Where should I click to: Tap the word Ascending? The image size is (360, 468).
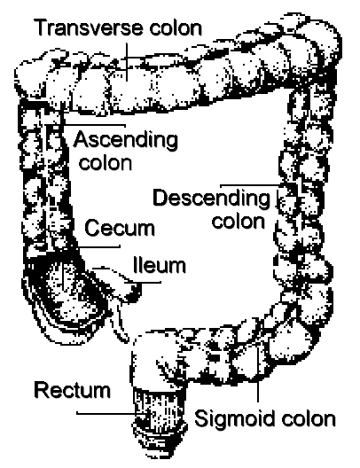pyautogui.click(x=126, y=140)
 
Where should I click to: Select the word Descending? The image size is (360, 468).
pyautogui.click(x=211, y=198)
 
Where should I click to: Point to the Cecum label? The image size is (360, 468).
pyautogui.click(x=120, y=228)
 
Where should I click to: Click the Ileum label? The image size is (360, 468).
pyautogui.click(x=160, y=265)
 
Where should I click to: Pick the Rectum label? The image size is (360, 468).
pyautogui.click(x=72, y=390)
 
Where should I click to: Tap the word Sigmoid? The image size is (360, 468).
pyautogui.click(x=235, y=418)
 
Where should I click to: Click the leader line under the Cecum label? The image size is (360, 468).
pyautogui.click(x=98, y=246)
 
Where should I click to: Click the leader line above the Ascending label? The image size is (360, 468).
pyautogui.click(x=94, y=124)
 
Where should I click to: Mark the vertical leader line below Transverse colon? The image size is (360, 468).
pyautogui.click(x=127, y=62)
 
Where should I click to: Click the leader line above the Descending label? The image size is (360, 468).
pyautogui.click(x=250, y=185)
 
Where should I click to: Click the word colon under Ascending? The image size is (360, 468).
pyautogui.click(x=106, y=163)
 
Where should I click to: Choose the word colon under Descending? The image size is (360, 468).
pyautogui.click(x=239, y=222)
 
